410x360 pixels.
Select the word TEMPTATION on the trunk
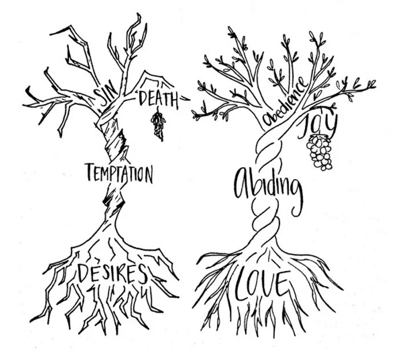119,173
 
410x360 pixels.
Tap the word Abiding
267,185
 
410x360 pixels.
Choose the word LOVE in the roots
263,284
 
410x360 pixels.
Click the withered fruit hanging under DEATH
157,125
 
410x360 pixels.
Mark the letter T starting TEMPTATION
90,172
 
